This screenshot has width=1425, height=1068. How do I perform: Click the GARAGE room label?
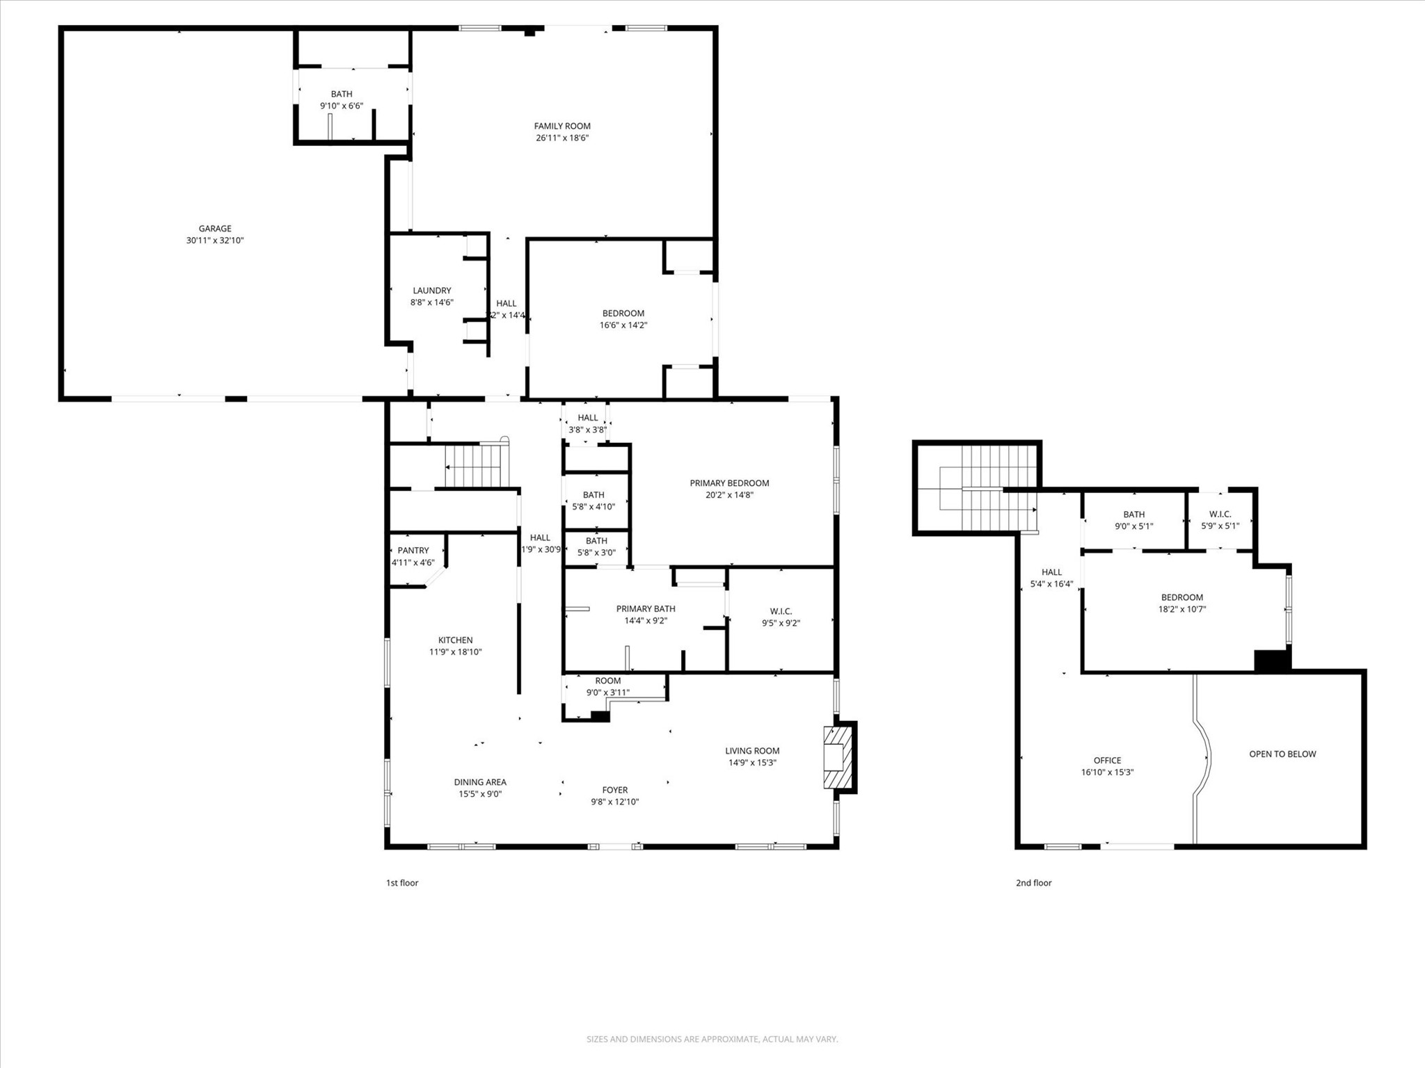pyautogui.click(x=215, y=228)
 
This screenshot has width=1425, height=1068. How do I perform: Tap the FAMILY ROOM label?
pyautogui.click(x=562, y=126)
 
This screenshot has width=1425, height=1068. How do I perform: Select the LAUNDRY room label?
pyautogui.click(x=431, y=291)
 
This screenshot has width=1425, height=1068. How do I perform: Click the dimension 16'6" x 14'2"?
pyautogui.click(x=623, y=325)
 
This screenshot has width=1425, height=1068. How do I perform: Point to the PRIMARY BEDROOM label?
pyautogui.click(x=729, y=483)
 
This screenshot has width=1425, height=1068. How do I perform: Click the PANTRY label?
pyautogui.click(x=413, y=551)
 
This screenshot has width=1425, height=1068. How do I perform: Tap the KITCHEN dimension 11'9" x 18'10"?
pyautogui.click(x=455, y=652)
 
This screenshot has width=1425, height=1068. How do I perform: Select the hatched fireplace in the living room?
pyautogui.click(x=838, y=756)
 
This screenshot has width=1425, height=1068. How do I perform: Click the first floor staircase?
pyautogui.click(x=473, y=465)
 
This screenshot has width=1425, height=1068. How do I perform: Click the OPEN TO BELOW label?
pyautogui.click(x=1282, y=754)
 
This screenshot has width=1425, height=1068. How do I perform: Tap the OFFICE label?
pyautogui.click(x=1107, y=761)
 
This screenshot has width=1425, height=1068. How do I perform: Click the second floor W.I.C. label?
pyautogui.click(x=1220, y=515)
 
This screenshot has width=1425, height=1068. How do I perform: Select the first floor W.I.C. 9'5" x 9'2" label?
pyautogui.click(x=781, y=617)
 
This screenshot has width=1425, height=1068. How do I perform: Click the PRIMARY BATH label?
pyautogui.click(x=646, y=609)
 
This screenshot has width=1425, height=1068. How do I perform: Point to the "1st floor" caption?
pyautogui.click(x=402, y=883)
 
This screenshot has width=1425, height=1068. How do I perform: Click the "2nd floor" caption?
pyautogui.click(x=1033, y=883)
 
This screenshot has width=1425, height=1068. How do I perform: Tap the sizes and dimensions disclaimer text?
pyautogui.click(x=712, y=1039)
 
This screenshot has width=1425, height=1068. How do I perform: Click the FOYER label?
pyautogui.click(x=614, y=790)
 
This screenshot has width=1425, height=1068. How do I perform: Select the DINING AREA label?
pyautogui.click(x=480, y=782)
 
